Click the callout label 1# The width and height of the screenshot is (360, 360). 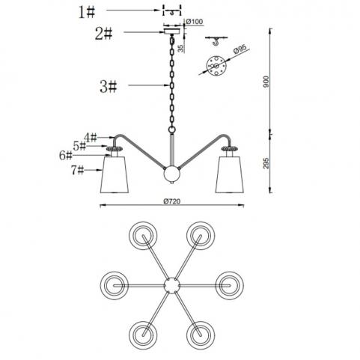(x=87, y=13)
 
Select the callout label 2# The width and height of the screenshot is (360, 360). (x=103, y=34)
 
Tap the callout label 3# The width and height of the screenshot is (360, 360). (x=109, y=87)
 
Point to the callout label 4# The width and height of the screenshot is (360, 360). (x=90, y=137)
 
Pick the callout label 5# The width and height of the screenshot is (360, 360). (x=79, y=146)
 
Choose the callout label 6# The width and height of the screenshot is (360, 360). (x=66, y=156)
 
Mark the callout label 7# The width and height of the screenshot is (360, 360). (x=77, y=171)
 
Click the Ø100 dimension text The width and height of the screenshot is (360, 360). (x=195, y=22)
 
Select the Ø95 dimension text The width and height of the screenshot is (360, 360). (x=240, y=49)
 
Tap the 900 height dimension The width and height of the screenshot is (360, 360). (x=266, y=82)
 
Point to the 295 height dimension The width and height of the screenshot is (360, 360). (x=266, y=163)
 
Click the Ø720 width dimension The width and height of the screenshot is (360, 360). (x=172, y=201)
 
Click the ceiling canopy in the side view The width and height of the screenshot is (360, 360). (x=171, y=31)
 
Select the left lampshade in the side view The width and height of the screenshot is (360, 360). (x=115, y=174)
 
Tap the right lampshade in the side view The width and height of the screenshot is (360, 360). (x=230, y=174)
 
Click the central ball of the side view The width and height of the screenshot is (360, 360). (x=171, y=174)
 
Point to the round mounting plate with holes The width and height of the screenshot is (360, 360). (x=216, y=66)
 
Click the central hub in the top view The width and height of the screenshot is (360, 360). (x=172, y=285)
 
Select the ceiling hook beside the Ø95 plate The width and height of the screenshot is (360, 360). (x=216, y=40)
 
